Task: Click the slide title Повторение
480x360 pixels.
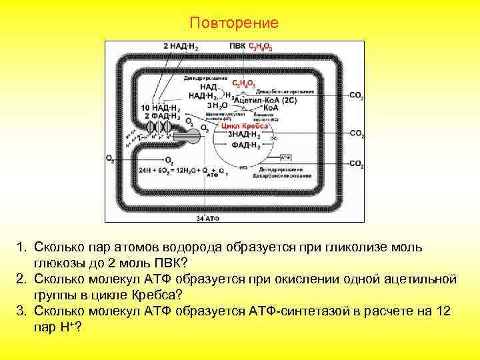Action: coord(233,23)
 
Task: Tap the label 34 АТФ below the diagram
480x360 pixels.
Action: coord(208,218)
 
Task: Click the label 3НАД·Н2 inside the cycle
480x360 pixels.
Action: coord(244,134)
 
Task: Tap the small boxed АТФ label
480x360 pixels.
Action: coord(285,157)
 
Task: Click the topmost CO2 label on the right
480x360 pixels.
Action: coord(357,96)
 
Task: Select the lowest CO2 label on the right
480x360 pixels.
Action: coord(357,163)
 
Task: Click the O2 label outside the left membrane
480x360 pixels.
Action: coord(110,159)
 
